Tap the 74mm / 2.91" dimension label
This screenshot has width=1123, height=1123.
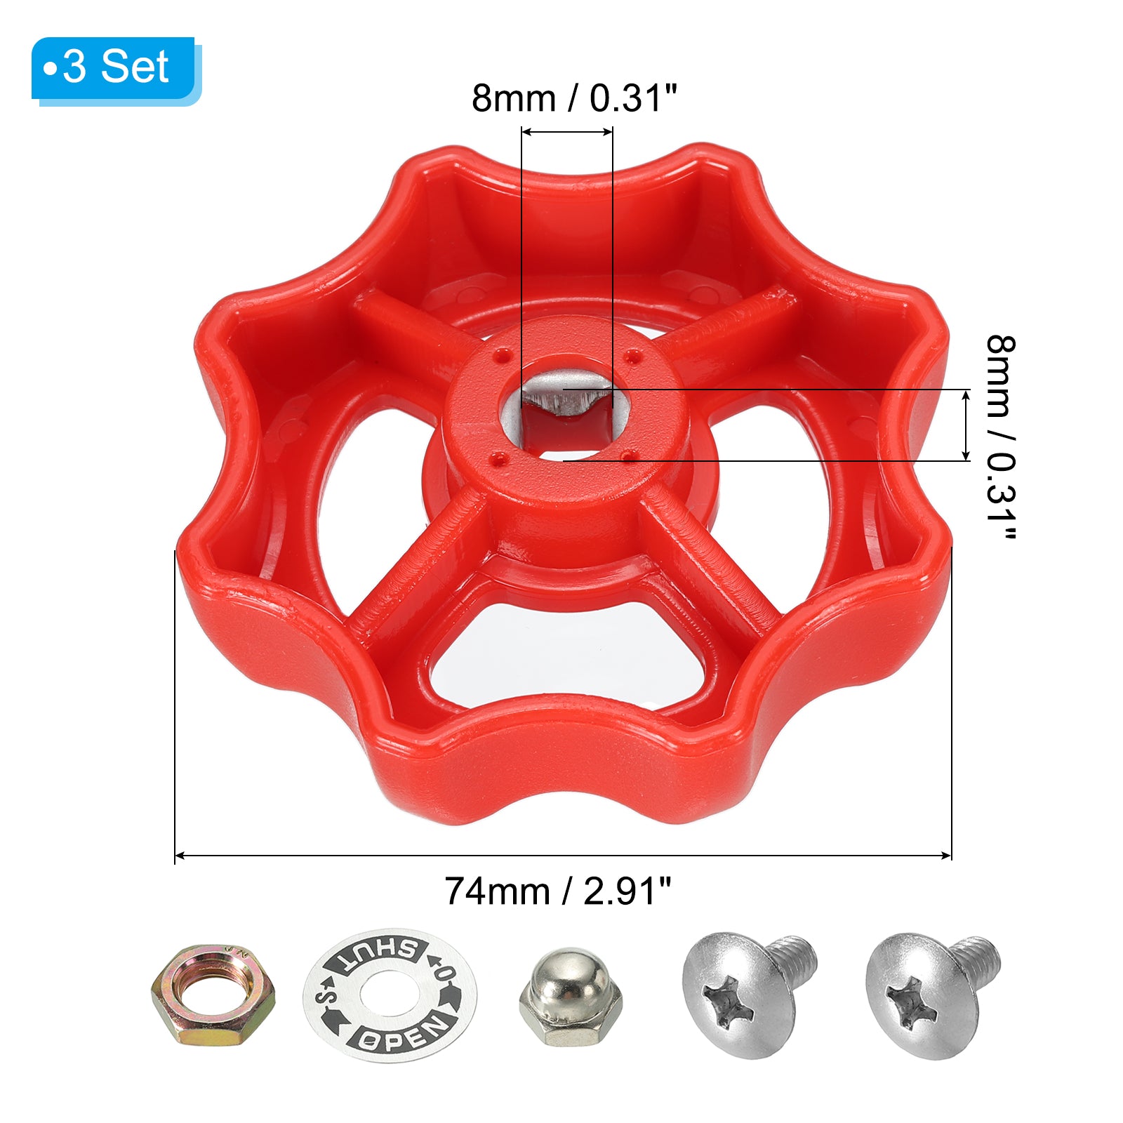click(x=558, y=891)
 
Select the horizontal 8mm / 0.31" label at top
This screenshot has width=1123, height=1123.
click(x=574, y=98)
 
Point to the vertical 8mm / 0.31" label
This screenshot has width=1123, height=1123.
click(x=1000, y=438)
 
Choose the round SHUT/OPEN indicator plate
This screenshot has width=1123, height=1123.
click(x=390, y=996)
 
